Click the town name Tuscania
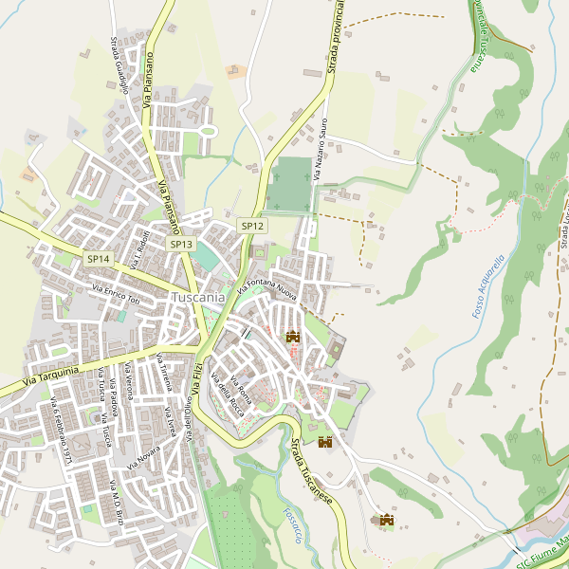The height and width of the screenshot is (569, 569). (x=198, y=297)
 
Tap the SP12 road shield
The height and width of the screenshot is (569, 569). (x=252, y=226)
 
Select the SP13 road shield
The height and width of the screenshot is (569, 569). (x=181, y=244)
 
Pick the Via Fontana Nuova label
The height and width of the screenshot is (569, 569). (x=267, y=284)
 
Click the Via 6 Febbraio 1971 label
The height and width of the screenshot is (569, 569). (x=62, y=432)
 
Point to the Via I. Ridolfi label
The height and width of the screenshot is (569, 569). (x=139, y=248)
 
